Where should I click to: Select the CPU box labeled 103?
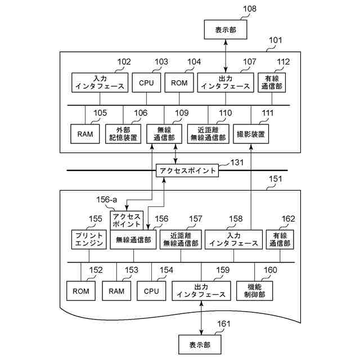click(146, 82)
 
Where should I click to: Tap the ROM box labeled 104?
click(179, 82)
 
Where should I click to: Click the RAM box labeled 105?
click(85, 134)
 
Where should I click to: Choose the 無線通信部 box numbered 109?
click(164, 134)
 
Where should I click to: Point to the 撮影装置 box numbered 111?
click(251, 134)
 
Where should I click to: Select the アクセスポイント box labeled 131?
click(187, 170)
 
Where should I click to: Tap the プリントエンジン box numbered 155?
click(88, 239)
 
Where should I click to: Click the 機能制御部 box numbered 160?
click(254, 290)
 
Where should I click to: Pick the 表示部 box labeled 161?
click(200, 344)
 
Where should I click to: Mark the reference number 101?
click(276, 40)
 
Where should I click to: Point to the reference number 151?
click(276, 179)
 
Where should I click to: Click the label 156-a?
click(106, 199)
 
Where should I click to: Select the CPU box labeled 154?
click(152, 291)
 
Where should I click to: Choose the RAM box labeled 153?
click(116, 291)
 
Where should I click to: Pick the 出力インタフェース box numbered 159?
click(201, 290)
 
